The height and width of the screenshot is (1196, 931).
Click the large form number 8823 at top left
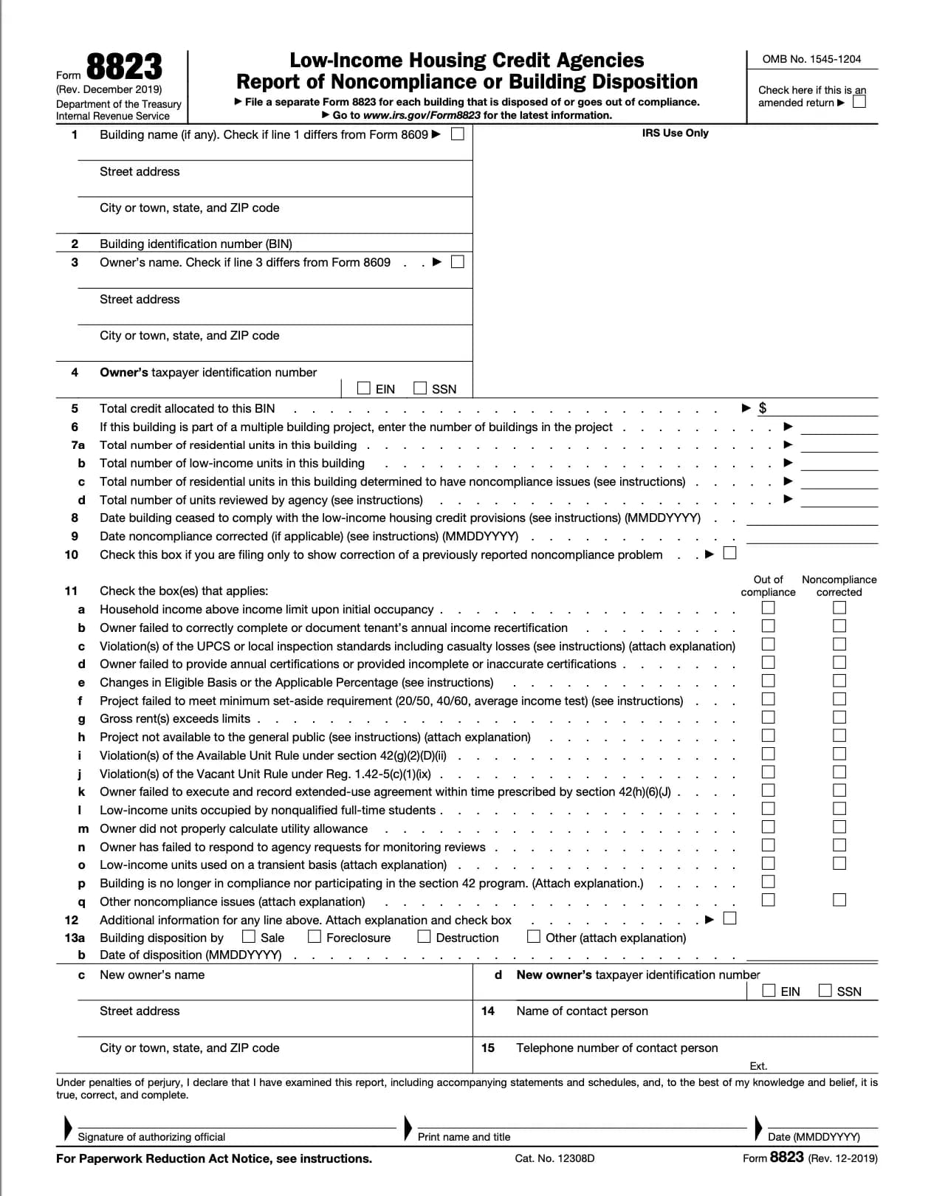click(x=124, y=67)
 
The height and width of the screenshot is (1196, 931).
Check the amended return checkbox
click(x=859, y=102)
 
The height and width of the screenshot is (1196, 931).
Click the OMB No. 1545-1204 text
click(x=811, y=59)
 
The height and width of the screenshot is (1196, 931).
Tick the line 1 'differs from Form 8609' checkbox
click(x=458, y=134)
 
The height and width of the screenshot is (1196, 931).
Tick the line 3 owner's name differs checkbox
click(x=458, y=262)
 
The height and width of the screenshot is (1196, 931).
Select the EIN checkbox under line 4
click(x=364, y=388)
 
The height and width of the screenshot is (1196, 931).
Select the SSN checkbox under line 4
click(x=420, y=388)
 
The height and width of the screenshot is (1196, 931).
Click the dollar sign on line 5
click(x=763, y=408)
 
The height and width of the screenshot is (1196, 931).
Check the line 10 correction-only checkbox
click(x=729, y=554)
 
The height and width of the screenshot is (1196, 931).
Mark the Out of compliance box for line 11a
click(x=769, y=608)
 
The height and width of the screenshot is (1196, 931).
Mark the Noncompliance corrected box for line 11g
click(x=839, y=718)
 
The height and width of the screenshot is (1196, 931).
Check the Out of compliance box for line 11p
click(x=769, y=881)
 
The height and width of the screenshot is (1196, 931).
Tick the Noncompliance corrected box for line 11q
click(x=839, y=900)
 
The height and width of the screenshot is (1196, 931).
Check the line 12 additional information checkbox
click(x=729, y=919)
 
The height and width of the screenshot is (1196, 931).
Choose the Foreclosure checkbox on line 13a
click(x=315, y=937)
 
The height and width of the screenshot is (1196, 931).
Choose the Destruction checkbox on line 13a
click(x=424, y=937)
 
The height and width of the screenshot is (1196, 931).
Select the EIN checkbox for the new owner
click(x=769, y=991)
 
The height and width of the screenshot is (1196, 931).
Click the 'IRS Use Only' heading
click(x=675, y=134)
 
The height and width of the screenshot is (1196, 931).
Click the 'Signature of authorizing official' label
click(x=151, y=1137)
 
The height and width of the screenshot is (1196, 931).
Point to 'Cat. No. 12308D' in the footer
click(x=554, y=1158)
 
